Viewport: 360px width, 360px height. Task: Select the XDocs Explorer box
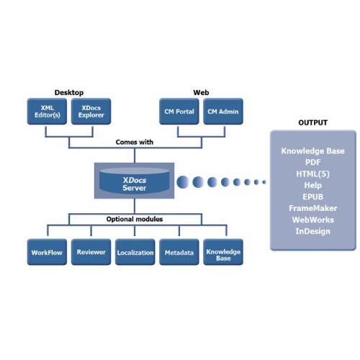90,112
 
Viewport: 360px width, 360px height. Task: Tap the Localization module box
135,253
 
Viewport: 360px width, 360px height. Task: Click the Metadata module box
178,253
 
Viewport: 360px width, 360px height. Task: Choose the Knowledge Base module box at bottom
222,253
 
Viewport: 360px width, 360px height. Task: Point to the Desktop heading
69,92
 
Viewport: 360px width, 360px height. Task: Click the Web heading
201,92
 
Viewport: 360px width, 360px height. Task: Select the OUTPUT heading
312,122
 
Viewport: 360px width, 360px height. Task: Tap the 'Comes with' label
135,142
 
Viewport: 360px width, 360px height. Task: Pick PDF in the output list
312,163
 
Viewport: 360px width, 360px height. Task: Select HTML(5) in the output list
312,174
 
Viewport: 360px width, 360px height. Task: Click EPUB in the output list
312,197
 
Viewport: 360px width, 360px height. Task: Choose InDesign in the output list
312,231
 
